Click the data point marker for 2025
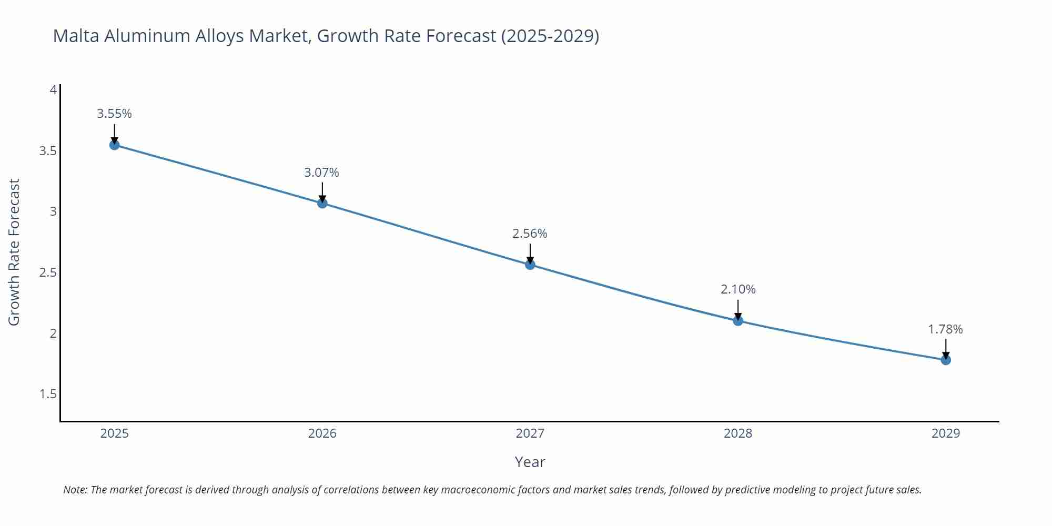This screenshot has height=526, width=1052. [114, 145]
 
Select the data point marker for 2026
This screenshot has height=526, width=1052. [322, 203]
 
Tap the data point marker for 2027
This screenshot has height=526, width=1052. [530, 265]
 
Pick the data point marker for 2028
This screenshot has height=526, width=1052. [738, 320]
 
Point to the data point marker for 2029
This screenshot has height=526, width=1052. [946, 360]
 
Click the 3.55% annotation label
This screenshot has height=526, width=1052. [114, 114]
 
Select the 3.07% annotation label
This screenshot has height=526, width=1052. [322, 173]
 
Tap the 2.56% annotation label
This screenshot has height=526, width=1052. [530, 234]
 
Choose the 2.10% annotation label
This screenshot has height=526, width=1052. [738, 289]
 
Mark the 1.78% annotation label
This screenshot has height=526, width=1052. [945, 329]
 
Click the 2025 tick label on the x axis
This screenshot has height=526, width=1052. [114, 433]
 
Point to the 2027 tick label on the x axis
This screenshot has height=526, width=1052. [530, 433]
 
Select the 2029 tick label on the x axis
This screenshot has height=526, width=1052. [946, 433]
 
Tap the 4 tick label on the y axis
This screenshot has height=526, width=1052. [53, 90]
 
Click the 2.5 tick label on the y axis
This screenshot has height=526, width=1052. [48, 272]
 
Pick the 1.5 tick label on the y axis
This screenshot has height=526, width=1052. [48, 394]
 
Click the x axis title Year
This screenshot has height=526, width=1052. [530, 462]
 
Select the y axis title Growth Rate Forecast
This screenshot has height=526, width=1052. [14, 252]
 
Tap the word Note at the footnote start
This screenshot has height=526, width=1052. [75, 490]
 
